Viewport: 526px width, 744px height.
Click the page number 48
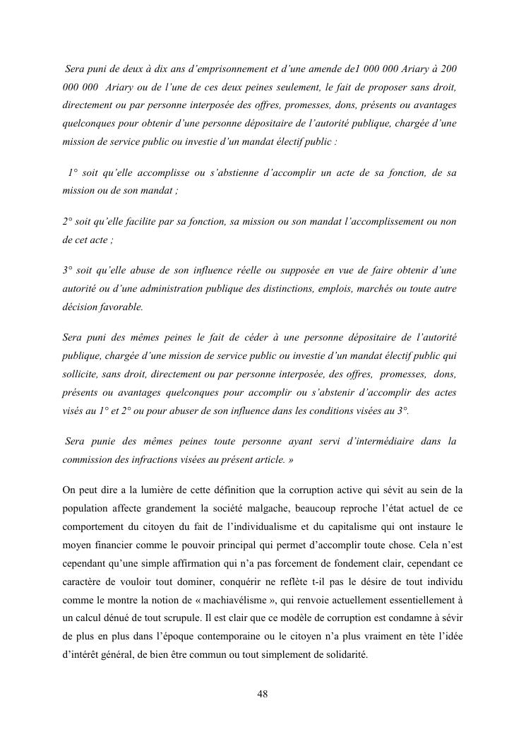(263, 693)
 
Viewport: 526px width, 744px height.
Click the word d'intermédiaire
(375, 441)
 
